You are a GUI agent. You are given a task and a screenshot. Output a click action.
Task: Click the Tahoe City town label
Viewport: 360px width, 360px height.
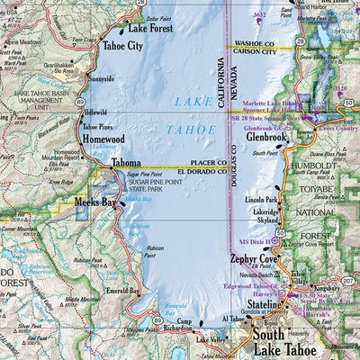click(122, 45)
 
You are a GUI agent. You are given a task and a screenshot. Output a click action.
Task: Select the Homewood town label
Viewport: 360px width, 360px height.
click(103, 139)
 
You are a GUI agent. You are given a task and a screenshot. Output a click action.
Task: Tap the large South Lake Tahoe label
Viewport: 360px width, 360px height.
click(291, 339)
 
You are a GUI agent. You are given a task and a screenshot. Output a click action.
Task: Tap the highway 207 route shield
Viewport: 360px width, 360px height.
click(347, 281)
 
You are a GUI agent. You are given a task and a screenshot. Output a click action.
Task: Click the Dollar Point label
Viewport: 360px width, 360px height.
click(157, 18)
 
